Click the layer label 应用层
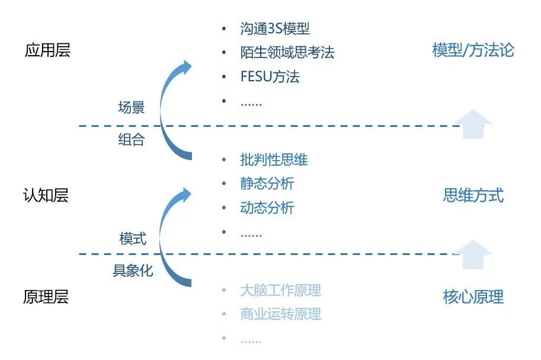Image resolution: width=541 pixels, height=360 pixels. click(47, 50)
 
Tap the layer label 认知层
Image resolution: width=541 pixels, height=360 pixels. click(46, 195)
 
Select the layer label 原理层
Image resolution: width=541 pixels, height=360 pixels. click(46, 297)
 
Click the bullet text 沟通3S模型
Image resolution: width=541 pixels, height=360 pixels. click(274, 28)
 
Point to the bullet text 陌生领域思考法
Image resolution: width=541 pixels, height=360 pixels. click(287, 53)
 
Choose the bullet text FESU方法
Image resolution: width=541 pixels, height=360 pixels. click(270, 77)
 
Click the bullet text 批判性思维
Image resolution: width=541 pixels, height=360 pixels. click(274, 160)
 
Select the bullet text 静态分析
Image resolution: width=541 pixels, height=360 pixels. click(267, 183)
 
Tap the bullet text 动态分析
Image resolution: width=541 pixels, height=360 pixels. click(267, 208)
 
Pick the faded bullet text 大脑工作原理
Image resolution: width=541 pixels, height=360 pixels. click(280, 290)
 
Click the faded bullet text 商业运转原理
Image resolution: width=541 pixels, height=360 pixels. click(280, 314)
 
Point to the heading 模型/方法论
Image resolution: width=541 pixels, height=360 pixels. click(473, 50)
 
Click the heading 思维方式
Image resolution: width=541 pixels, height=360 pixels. click(473, 195)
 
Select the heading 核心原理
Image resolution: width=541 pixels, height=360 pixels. click(473, 297)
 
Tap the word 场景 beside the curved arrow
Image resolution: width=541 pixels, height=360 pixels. click(131, 107)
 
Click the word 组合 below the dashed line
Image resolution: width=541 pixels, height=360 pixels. click(131, 139)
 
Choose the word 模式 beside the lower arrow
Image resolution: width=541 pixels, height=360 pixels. click(133, 238)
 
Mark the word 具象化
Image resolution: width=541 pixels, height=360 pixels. click(133, 270)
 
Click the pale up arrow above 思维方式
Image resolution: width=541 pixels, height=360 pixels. click(473, 124)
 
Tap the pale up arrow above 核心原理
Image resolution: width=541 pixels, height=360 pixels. click(473, 254)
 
